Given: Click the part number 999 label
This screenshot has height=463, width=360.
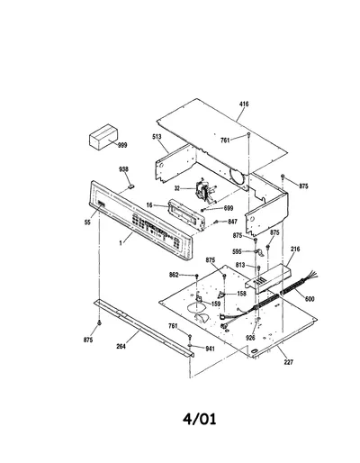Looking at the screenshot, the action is click(x=122, y=145).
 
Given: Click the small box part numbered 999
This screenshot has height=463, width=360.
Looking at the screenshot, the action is click(x=103, y=137).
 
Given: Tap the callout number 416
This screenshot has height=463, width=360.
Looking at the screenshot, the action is click(x=244, y=104).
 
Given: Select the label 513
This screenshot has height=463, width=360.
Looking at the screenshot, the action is click(x=157, y=137).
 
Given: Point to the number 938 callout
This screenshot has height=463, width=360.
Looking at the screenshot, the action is click(x=123, y=169).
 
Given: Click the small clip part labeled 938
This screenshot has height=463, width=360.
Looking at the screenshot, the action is click(x=130, y=186).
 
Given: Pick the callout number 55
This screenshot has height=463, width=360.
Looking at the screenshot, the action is click(x=87, y=222).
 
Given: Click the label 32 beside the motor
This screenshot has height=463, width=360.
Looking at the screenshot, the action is click(x=177, y=188).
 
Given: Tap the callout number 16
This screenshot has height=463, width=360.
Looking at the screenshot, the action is click(x=149, y=205).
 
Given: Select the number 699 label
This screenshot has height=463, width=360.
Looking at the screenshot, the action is click(x=229, y=208).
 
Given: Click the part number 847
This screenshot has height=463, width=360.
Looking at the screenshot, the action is click(x=232, y=222).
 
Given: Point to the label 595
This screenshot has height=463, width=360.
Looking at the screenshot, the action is click(x=237, y=251).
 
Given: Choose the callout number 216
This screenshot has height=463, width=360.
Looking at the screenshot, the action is click(x=295, y=249).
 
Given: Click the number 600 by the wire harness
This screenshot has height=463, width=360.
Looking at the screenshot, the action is click(x=310, y=299).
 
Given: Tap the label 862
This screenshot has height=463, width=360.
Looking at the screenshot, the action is click(x=174, y=275).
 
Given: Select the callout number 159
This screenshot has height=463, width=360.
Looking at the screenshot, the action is click(x=216, y=304).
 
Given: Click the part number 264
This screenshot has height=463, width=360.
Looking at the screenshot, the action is click(x=121, y=347).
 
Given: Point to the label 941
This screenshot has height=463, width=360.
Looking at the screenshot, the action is click(x=210, y=349).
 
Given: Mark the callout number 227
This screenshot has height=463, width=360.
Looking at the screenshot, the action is click(x=288, y=362).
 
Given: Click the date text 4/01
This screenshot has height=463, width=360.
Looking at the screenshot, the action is click(x=200, y=419).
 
